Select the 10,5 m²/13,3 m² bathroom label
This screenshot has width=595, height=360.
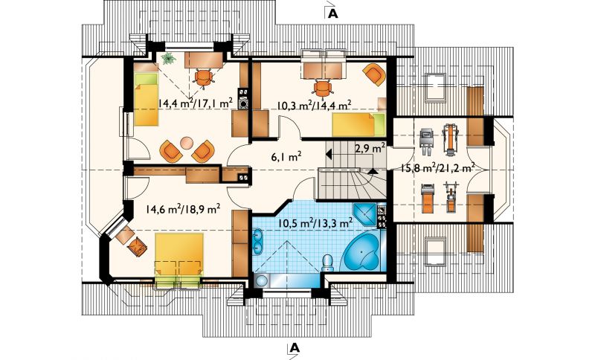click(315, 222)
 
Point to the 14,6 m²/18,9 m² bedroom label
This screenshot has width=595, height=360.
click(183, 208)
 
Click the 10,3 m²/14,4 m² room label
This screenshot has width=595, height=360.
click(313, 105)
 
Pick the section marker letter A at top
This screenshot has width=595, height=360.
click(332, 13)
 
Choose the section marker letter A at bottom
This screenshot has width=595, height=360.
click(295, 347)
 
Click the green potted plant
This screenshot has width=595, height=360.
click(167, 59)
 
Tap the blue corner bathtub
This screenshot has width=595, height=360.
click(363, 253)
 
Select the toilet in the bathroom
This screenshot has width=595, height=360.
click(327, 263)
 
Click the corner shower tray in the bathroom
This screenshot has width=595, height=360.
click(364, 215)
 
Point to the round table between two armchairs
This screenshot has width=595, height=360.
click(187, 143)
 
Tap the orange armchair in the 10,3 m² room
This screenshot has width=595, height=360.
click(374, 74)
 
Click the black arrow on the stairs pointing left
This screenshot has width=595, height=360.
click(329, 155)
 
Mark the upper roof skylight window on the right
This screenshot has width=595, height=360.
click(435, 86)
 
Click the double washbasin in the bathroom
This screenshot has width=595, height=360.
click(257, 241)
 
